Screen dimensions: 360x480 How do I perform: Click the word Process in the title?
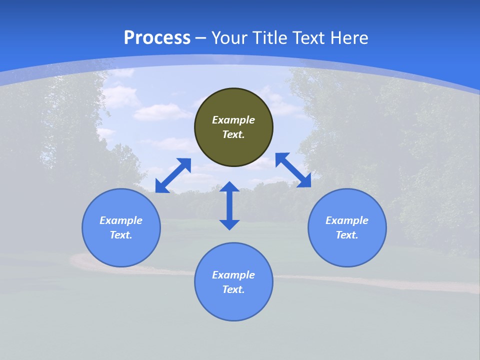[157, 38]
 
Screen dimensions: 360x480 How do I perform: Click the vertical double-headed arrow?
[229, 205]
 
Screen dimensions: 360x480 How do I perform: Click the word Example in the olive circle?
[233, 120]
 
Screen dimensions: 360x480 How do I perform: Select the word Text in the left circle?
[120, 235]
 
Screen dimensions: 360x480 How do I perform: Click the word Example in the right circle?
[347, 220]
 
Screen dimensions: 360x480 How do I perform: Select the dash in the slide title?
[200, 38]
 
